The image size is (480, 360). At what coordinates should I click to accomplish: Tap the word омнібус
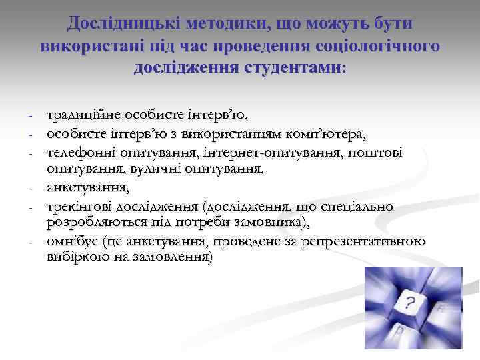[71, 241]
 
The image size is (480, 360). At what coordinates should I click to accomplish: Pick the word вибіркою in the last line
[71, 257]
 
